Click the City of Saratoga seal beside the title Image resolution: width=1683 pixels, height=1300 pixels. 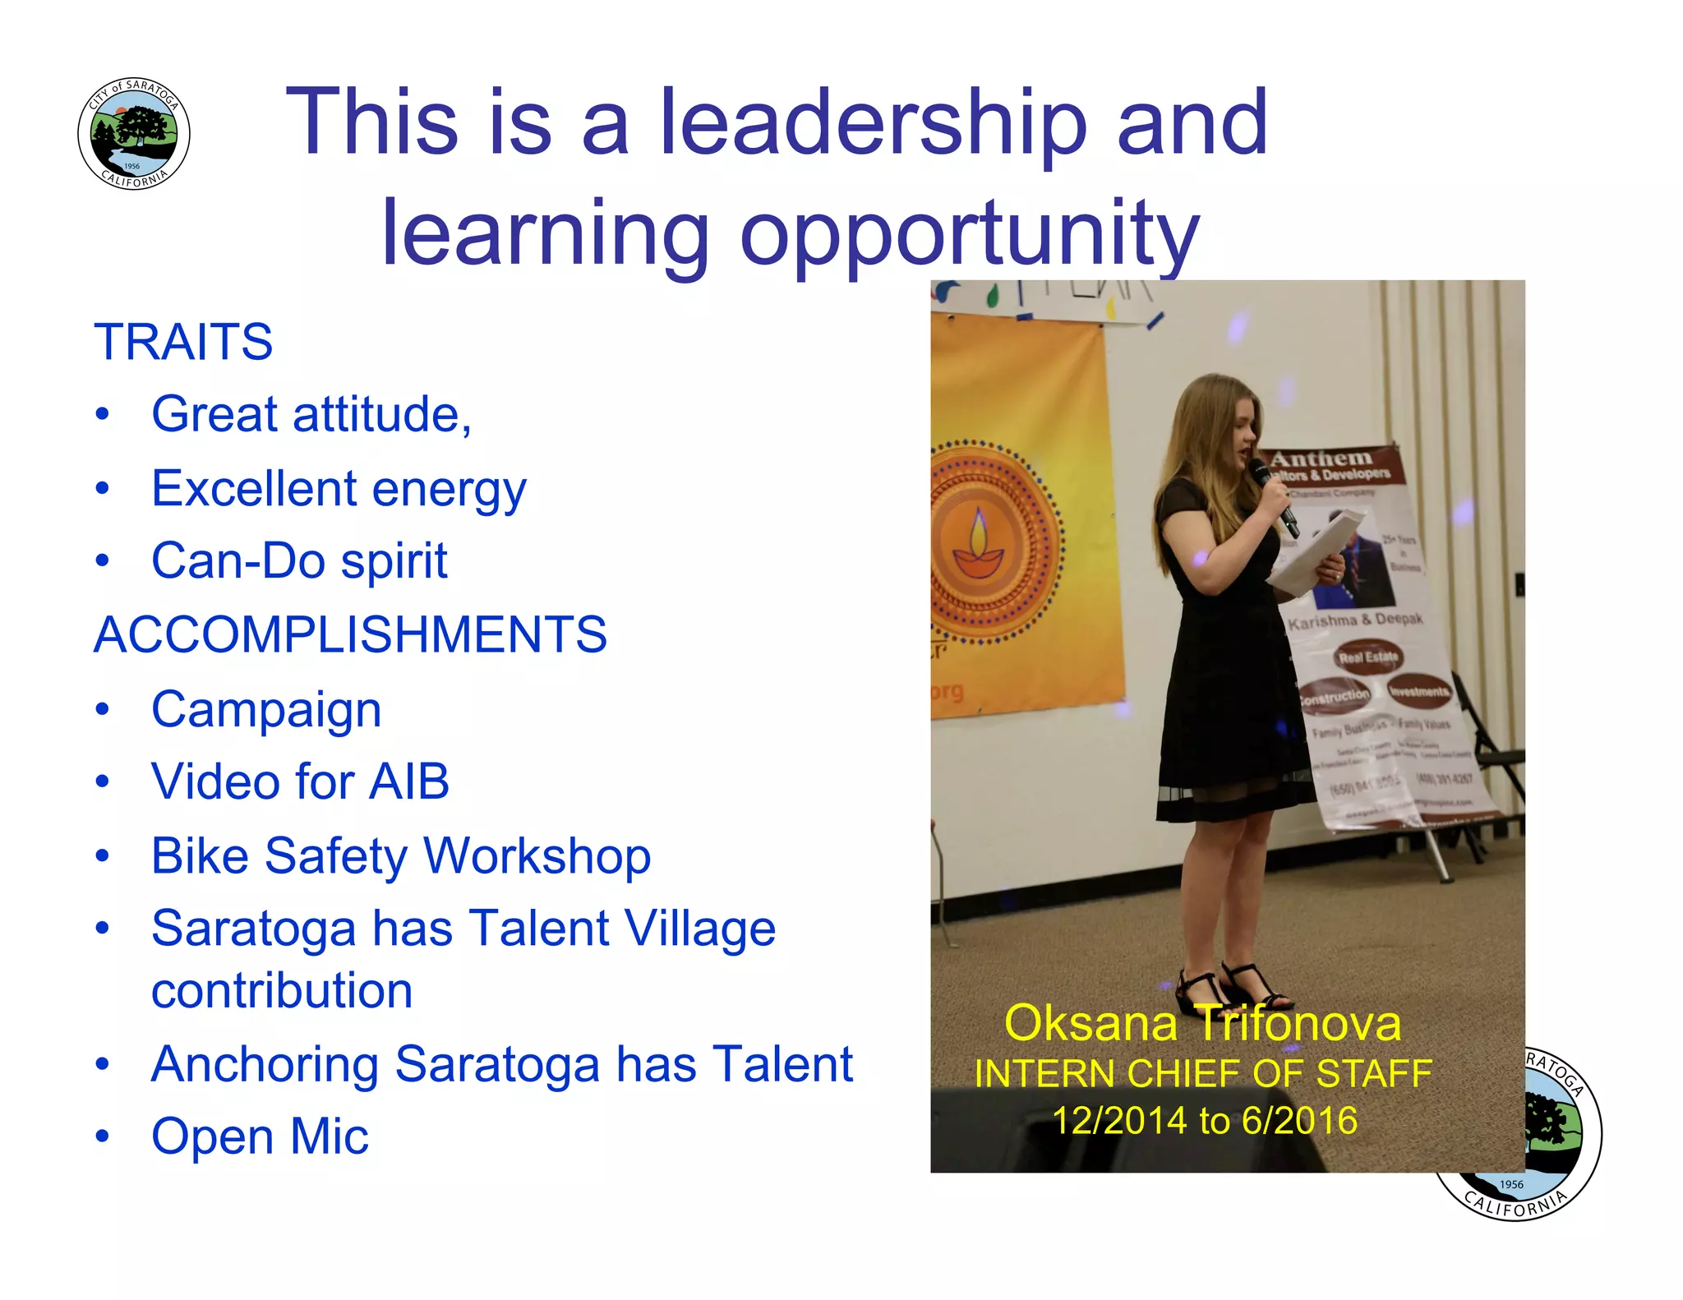[134, 134]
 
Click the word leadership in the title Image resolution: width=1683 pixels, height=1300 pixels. [874, 122]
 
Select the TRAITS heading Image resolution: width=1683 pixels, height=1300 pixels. [183, 342]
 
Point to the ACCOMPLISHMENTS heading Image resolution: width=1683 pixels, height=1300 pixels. [351, 634]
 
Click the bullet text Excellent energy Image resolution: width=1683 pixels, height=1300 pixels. [339, 489]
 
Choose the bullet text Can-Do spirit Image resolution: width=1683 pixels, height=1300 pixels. [299, 561]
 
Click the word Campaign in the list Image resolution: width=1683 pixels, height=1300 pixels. [266, 710]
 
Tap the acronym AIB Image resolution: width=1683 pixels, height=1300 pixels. [408, 781]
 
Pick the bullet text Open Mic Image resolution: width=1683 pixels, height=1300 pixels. [260, 1136]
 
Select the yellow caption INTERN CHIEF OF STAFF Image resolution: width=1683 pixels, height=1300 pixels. [1203, 1074]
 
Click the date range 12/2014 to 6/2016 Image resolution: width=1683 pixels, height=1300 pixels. [1205, 1121]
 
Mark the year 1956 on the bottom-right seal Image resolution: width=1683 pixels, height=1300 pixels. [1511, 1184]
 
